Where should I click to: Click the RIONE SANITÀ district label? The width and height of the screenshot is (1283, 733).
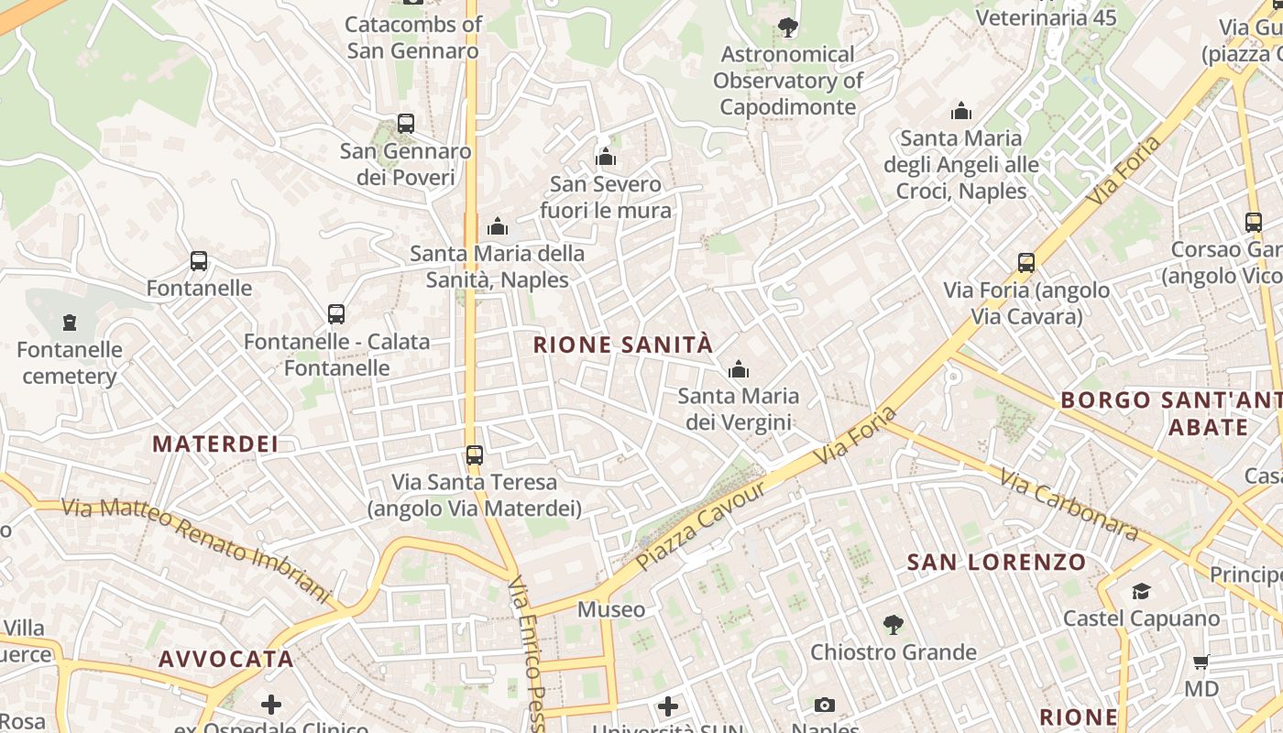click(622, 345)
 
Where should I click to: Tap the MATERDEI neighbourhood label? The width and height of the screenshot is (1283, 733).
click(214, 444)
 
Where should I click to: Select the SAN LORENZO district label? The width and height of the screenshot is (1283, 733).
click(996, 562)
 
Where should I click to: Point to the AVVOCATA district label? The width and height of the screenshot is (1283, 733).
click(226, 659)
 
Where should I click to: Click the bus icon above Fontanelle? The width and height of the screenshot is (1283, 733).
click(199, 261)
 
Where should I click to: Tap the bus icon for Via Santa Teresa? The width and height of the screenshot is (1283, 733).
click(474, 454)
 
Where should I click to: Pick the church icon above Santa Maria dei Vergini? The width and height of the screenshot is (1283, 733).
click(738, 370)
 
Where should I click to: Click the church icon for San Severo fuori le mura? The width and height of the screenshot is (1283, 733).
click(605, 158)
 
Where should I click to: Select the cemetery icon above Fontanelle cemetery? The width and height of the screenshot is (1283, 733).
click(70, 323)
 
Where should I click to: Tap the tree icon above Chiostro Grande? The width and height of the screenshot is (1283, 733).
click(893, 626)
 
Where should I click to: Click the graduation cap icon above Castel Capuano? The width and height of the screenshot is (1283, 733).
click(1141, 592)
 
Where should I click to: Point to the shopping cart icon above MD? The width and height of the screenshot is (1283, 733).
click(1201, 662)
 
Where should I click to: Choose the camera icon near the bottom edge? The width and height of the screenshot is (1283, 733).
click(825, 705)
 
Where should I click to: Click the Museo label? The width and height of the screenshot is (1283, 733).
click(610, 609)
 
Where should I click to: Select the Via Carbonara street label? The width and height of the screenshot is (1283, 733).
click(1069, 505)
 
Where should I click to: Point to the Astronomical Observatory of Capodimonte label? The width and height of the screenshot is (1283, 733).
click(788, 81)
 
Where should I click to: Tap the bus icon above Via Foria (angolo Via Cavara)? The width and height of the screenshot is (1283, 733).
click(1026, 263)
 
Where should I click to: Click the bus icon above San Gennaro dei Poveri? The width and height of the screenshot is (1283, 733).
click(405, 124)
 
